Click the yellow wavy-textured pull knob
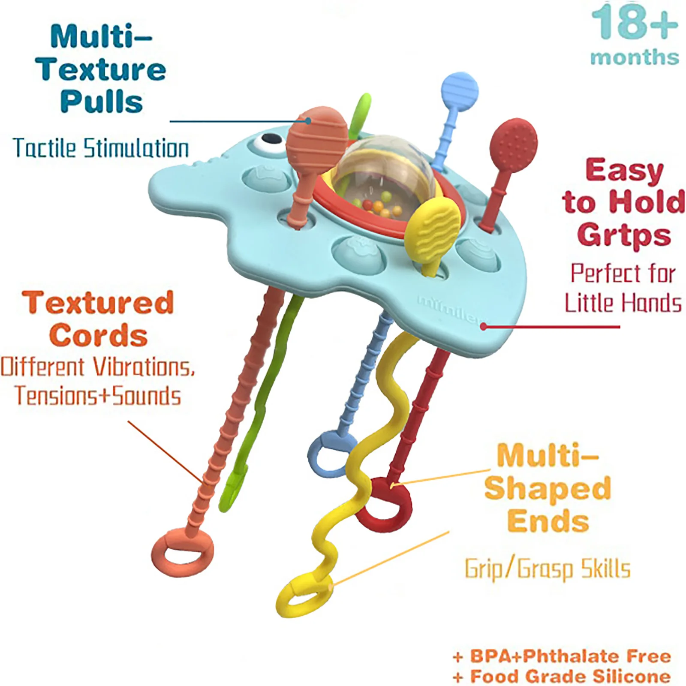(x=434, y=224)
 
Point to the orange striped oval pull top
(x=317, y=134)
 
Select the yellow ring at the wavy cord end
(x=304, y=596)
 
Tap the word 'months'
(x=635, y=57)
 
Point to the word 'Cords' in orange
(x=99, y=335)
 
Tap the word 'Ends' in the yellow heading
(x=548, y=521)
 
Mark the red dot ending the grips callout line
(x=484, y=327)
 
